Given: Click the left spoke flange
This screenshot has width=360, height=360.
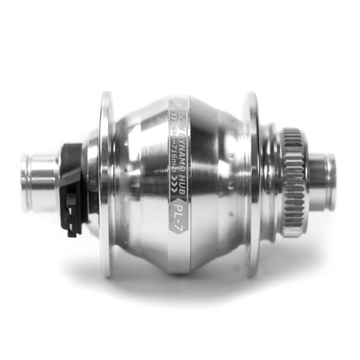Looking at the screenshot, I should [107, 184].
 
